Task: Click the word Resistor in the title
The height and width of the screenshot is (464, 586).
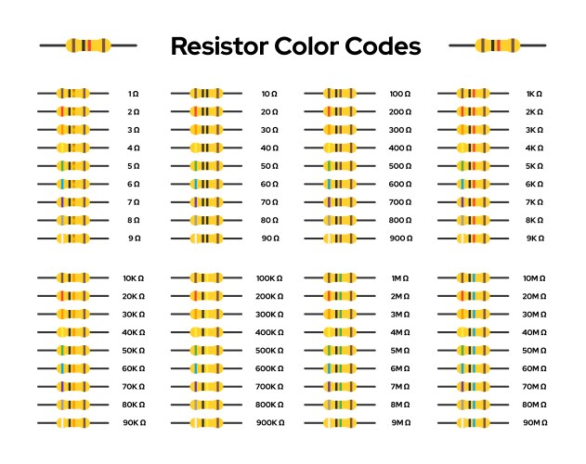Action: click(x=218, y=46)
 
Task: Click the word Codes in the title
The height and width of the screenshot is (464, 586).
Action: click(x=382, y=46)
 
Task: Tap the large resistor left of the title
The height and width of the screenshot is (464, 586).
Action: click(x=88, y=45)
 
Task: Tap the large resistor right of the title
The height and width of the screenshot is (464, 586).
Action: click(x=497, y=45)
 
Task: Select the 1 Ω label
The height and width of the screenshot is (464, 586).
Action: click(x=134, y=94)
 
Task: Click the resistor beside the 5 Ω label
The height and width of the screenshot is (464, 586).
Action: click(x=72, y=166)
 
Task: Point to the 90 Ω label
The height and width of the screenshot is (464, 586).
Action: click(x=269, y=238)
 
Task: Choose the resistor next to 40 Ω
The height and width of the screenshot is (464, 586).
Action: click(x=206, y=148)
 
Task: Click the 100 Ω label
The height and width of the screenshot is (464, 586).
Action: click(x=400, y=94)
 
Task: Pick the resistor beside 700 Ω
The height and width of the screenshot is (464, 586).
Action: click(x=339, y=202)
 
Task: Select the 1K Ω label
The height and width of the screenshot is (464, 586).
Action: click(x=534, y=94)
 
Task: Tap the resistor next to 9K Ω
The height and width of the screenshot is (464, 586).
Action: click(x=473, y=238)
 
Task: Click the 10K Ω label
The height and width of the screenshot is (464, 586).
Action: click(x=134, y=278)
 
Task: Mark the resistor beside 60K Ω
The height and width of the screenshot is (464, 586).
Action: click(x=72, y=368)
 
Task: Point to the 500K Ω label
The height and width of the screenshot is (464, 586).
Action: click(x=269, y=351)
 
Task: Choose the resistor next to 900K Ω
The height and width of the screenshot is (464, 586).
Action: click(x=206, y=423)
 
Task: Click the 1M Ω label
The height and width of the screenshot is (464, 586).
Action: click(x=400, y=278)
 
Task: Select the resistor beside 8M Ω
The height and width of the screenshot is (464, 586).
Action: click(x=339, y=405)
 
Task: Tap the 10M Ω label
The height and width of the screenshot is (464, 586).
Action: click(x=534, y=278)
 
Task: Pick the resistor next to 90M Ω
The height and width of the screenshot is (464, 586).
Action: click(x=473, y=423)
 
